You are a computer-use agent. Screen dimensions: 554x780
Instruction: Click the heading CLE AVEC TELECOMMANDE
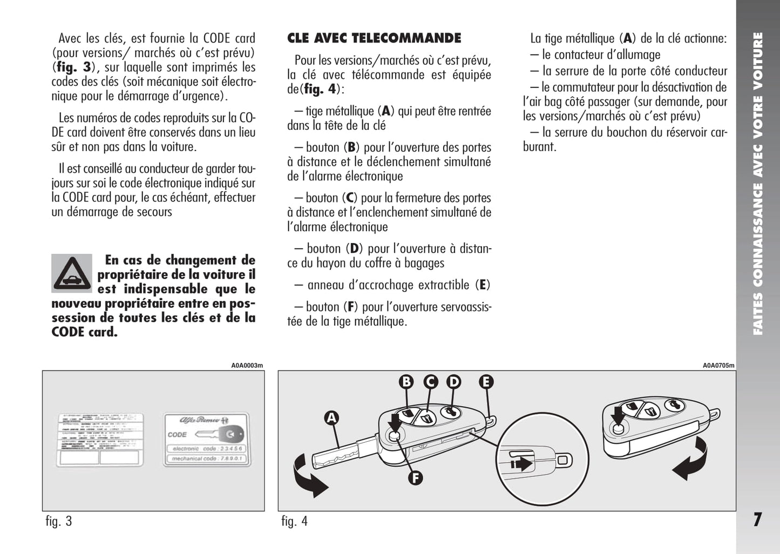(374, 38)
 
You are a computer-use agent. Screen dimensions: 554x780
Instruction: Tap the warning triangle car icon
(72, 273)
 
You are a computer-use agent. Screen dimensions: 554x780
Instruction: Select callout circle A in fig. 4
(331, 417)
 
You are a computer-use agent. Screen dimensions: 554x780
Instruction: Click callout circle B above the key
(406, 382)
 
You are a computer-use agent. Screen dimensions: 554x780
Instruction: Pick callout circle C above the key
(430, 382)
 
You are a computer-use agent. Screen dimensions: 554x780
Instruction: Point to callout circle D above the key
(454, 382)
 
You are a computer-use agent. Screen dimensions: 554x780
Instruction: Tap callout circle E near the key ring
(486, 382)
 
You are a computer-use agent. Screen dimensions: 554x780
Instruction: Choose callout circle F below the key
(415, 477)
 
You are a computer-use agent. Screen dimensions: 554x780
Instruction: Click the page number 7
(757, 519)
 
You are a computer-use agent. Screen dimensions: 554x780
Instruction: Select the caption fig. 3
(59, 521)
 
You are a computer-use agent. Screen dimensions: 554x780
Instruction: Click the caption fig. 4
(294, 521)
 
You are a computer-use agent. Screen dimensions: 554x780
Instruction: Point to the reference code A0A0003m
(247, 366)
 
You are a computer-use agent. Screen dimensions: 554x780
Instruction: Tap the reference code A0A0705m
(718, 366)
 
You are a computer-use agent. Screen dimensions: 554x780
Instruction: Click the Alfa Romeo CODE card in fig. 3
(206, 440)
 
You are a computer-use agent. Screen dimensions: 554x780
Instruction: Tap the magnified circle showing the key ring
(542, 461)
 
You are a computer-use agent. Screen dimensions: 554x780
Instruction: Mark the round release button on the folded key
(617, 428)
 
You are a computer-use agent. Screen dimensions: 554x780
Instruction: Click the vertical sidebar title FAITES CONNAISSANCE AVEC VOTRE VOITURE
(758, 184)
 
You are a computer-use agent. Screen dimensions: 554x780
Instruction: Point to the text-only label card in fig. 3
(100, 440)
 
